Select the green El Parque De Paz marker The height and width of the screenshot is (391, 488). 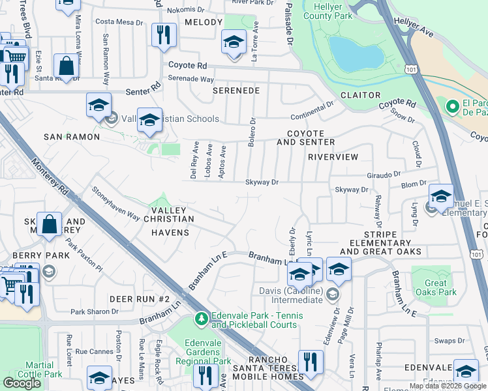451,106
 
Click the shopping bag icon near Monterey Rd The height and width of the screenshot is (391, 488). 66,65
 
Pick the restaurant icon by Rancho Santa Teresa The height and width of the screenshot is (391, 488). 311,362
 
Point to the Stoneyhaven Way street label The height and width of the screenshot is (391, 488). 115,203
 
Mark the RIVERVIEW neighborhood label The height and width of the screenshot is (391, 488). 333,157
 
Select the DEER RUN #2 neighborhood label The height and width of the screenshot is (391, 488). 140,298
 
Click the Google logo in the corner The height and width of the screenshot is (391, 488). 22,383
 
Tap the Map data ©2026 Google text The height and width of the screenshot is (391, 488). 447,386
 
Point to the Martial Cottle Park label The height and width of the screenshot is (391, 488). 44,369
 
